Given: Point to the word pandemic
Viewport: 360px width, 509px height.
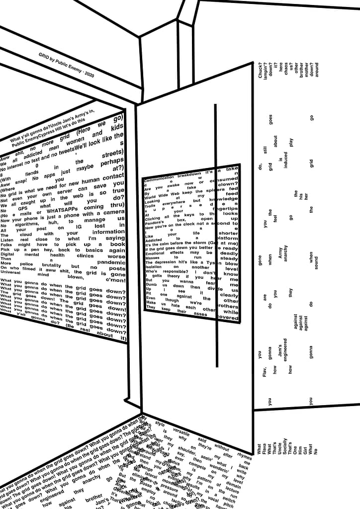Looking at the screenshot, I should click(111, 262).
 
